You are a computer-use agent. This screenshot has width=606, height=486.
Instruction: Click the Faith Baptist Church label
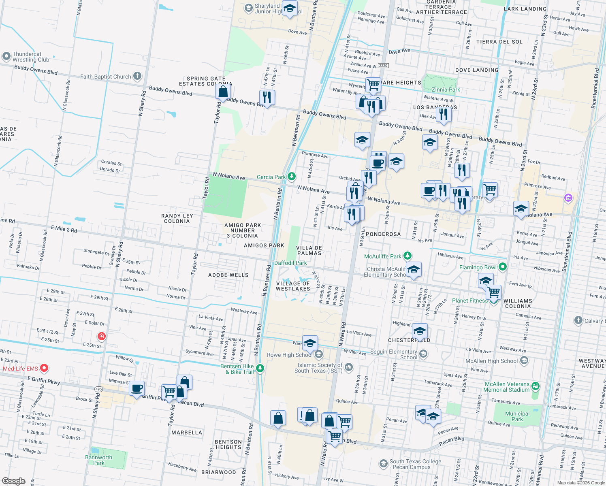coord(105,77)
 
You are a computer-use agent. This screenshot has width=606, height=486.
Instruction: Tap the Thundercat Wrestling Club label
coord(30,57)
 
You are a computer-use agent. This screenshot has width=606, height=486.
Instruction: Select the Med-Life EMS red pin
coord(44,368)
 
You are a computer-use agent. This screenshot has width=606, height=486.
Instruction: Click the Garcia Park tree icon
coord(291,177)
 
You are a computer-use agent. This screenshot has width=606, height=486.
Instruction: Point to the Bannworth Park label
coord(98,460)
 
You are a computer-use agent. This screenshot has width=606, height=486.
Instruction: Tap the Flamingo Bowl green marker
coord(503,267)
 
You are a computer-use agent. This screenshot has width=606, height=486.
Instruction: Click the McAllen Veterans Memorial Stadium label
coord(507,387)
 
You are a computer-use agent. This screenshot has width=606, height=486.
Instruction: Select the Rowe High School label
coord(289,355)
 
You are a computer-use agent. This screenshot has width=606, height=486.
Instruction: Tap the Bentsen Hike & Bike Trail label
coord(237,369)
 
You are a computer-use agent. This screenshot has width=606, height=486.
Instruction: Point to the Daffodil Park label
coord(290,263)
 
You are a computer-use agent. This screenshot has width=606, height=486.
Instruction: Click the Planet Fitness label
coord(470,301)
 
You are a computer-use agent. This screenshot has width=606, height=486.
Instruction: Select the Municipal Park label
coord(517,416)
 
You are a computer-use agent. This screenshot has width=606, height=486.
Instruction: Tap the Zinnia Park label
coord(446,90)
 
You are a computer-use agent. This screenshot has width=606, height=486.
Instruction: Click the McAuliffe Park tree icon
coord(408,256)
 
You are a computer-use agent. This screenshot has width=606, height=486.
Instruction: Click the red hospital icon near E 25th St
coord(101,336)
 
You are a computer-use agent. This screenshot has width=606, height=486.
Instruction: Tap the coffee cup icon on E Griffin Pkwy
coord(137,388)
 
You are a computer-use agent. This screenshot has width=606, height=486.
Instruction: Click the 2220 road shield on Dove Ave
coord(383,66)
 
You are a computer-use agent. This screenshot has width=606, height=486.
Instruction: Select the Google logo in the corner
coord(13,481)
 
